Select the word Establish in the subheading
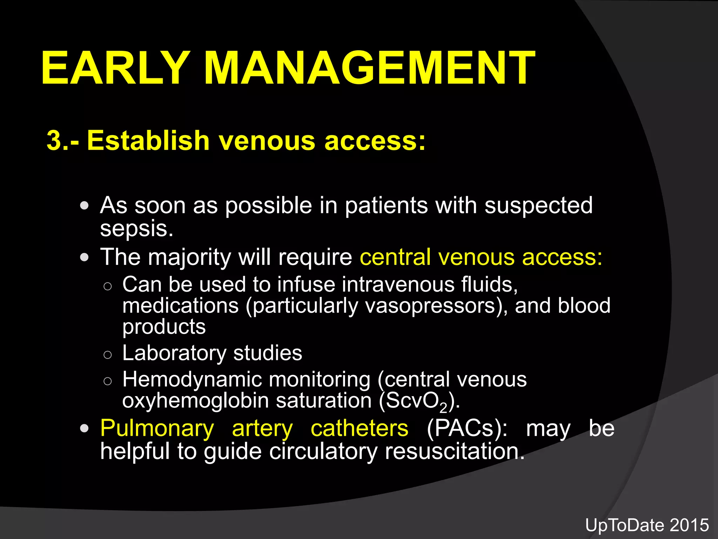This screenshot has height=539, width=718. click(x=148, y=140)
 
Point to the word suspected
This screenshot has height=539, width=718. click(x=538, y=206)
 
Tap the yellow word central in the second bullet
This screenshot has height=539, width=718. click(x=395, y=257)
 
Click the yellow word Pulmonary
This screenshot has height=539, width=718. click(x=157, y=429)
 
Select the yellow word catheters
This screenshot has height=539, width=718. click(x=359, y=428)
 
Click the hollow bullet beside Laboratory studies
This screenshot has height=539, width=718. click(x=108, y=355)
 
